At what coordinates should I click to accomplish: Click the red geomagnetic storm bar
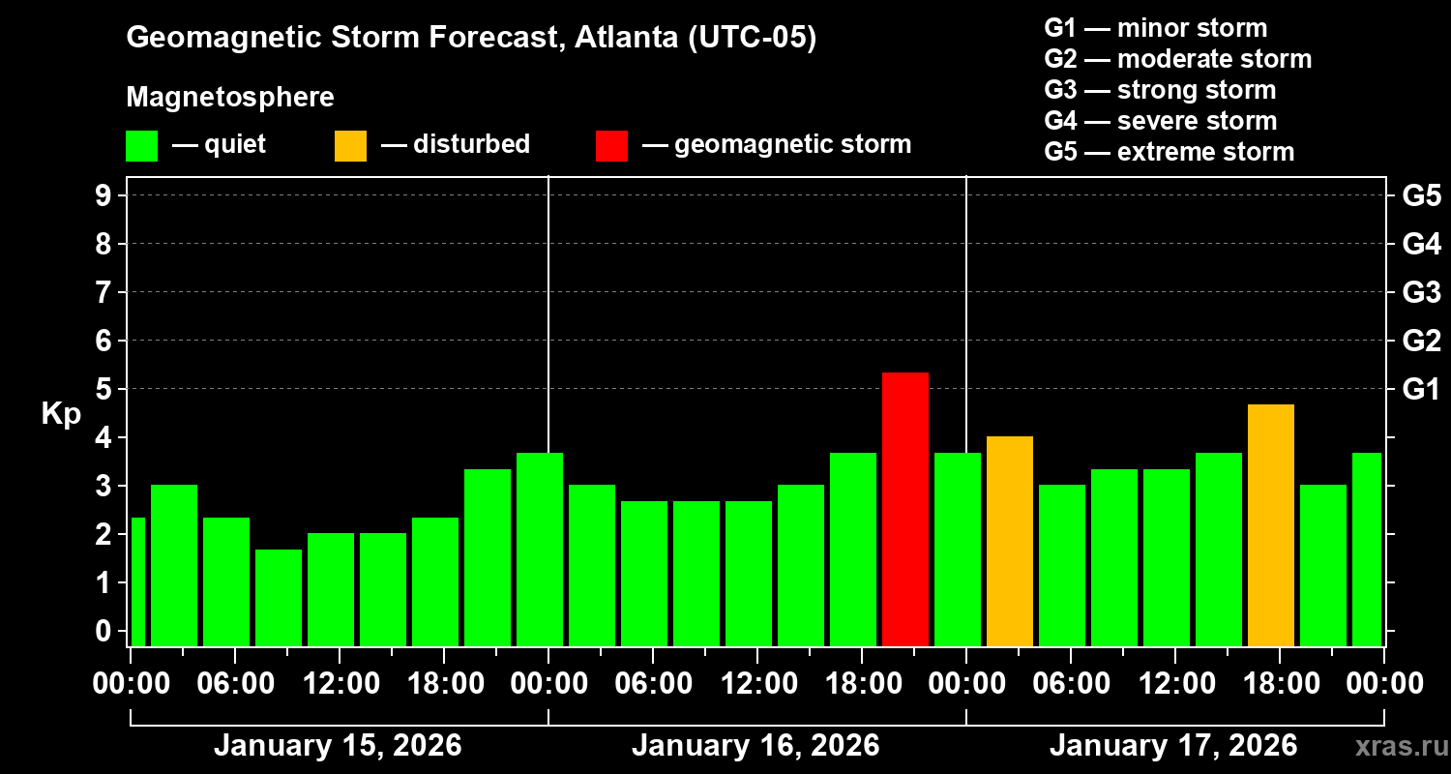pos(905,509)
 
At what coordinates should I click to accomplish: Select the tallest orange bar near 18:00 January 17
pos(1271,525)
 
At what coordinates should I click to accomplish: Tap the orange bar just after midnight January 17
pos(1010,541)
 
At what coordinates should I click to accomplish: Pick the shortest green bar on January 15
pos(279,597)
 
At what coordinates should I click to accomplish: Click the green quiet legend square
pos(141,145)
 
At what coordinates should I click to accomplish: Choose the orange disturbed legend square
pos(350,145)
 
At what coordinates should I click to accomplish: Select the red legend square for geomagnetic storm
pos(611,145)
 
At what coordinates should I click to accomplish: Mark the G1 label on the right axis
pos(1421,390)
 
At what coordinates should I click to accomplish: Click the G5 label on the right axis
pos(1421,196)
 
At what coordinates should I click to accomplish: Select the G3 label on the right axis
pos(1421,293)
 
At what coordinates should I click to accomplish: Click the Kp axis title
pos(61,413)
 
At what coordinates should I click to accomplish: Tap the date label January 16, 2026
pos(755,746)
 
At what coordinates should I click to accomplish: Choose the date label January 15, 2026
pos(338,746)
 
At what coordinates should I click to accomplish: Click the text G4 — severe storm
pos(1160,121)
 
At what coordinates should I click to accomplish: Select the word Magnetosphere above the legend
pos(230,98)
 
